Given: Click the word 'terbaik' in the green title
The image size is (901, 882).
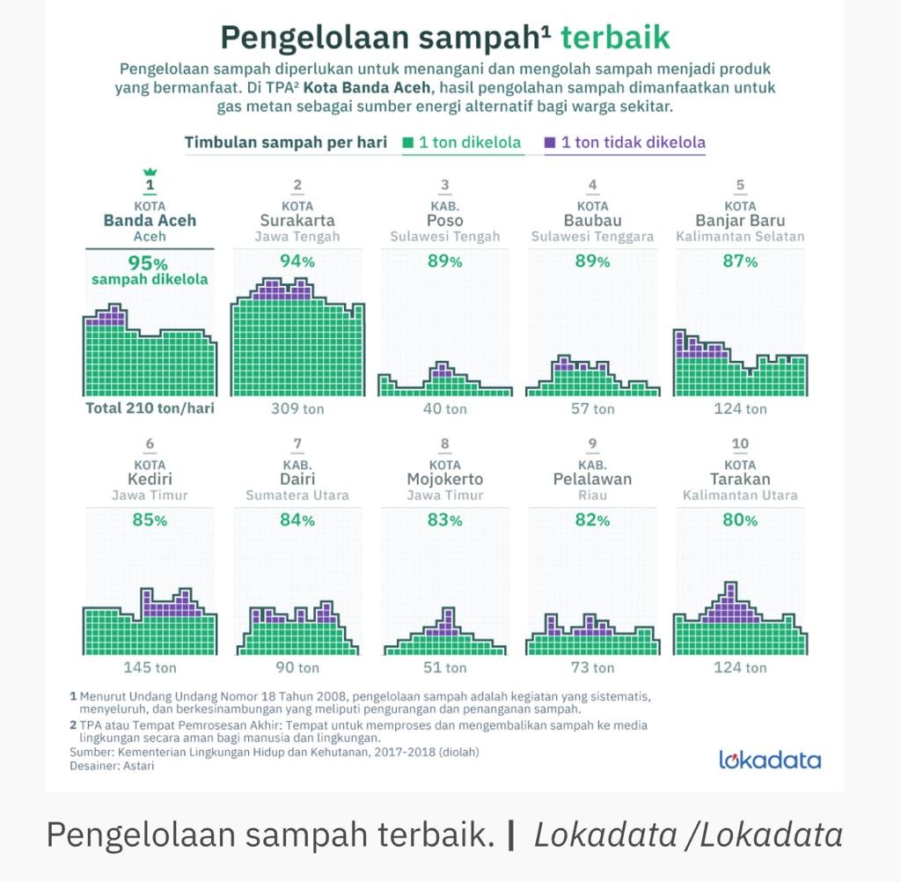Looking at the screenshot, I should click(615, 37).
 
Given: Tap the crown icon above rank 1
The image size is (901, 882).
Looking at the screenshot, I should click(150, 171).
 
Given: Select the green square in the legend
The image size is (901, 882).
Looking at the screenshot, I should click(408, 143).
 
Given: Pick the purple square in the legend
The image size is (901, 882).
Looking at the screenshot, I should click(550, 143).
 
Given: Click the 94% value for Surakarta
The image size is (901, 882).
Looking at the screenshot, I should click(297, 261).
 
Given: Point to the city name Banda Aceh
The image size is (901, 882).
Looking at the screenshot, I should click(150, 220).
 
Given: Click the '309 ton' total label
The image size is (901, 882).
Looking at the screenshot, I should click(297, 408).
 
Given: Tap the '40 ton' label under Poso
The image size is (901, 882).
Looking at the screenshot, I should click(445, 408).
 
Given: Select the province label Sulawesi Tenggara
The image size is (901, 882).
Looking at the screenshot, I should click(593, 237).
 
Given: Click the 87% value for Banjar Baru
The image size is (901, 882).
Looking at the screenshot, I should click(740, 261).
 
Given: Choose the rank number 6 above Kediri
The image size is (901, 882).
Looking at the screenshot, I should click(150, 444).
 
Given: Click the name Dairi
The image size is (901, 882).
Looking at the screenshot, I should click(297, 479).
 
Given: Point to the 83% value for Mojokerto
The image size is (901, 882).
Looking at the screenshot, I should click(445, 520).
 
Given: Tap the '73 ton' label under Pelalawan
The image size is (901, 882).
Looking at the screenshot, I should click(593, 667).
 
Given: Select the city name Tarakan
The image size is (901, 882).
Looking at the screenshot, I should click(740, 479).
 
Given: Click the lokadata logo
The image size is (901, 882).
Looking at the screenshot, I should click(769, 760).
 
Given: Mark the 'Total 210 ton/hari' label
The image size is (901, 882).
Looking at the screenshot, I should click(150, 408).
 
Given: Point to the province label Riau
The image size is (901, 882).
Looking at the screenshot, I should click(593, 496).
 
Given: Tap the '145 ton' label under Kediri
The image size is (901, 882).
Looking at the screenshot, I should click(150, 667).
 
